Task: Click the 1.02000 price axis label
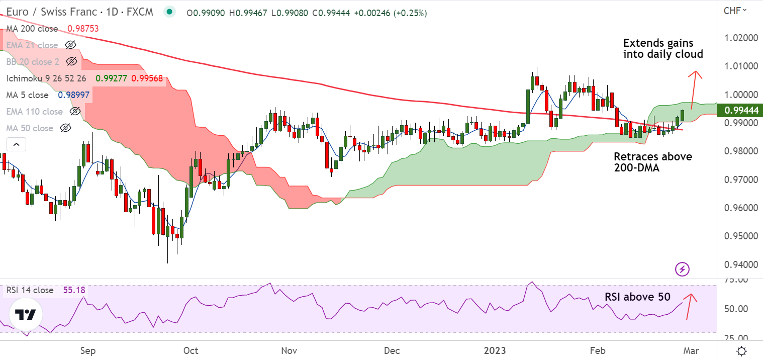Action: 740,38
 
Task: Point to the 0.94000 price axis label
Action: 740,264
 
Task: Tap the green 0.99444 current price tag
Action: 740,110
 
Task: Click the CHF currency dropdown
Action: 735,10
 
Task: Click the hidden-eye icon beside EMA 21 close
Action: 71,45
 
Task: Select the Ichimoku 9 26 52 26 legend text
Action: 46,78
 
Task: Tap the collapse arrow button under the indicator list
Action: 16,145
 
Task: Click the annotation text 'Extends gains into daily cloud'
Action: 663,48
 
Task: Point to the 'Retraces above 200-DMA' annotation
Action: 652,162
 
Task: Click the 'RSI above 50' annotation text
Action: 637,297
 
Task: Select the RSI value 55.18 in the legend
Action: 74,290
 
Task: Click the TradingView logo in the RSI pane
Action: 25,315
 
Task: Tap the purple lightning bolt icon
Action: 683,269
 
